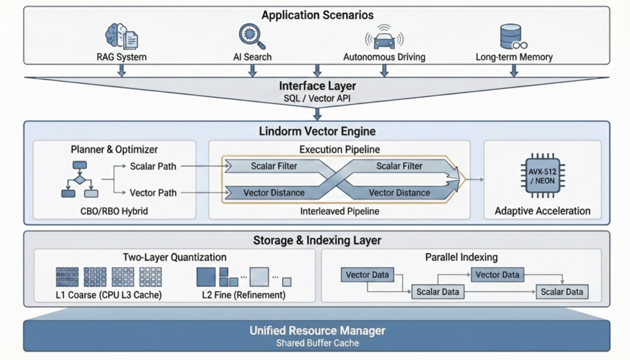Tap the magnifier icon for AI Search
(x=252, y=35)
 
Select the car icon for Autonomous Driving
(x=384, y=38)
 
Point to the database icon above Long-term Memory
(x=512, y=36)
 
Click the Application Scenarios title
(x=317, y=15)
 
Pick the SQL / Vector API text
(x=317, y=99)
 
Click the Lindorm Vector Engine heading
(x=317, y=131)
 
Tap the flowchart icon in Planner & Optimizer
(x=79, y=179)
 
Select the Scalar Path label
(x=153, y=166)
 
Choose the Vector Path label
(x=153, y=192)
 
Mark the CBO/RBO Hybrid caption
(x=114, y=210)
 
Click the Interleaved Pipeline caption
(x=339, y=210)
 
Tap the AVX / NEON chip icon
(x=542, y=175)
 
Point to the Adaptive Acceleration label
(x=542, y=210)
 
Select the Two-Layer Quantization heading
(x=174, y=257)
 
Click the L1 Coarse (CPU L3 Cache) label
(x=108, y=294)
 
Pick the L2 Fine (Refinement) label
(x=243, y=294)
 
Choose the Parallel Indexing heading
(x=461, y=257)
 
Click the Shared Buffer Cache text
(x=317, y=343)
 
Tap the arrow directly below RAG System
(x=122, y=70)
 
